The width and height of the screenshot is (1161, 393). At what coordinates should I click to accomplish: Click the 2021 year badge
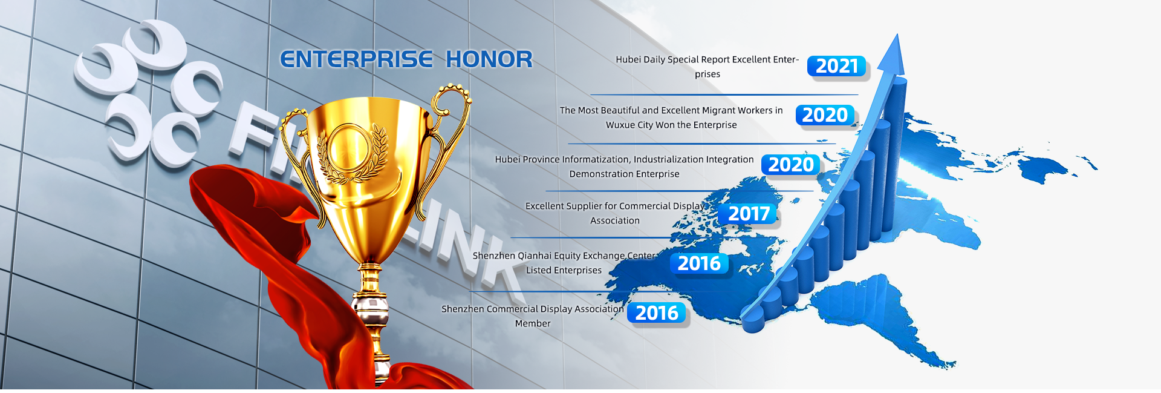coord(837,66)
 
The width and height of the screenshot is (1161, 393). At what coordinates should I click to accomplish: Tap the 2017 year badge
coord(749,214)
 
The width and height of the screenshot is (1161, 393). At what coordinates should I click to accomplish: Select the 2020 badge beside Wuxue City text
coord(825,115)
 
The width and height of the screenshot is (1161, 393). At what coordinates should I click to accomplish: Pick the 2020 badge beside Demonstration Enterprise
coord(790,165)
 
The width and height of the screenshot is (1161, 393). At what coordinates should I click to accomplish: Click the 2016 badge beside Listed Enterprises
coord(699,263)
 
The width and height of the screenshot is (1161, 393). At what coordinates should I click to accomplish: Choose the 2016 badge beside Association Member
coord(657,313)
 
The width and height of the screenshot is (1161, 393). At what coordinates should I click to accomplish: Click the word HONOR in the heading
coord(489,59)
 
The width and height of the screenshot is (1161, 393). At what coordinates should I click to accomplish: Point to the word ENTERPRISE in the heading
coord(356,59)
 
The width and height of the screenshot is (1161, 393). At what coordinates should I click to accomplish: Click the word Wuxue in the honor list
coord(620,125)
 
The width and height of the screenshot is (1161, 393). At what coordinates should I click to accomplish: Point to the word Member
coord(533,323)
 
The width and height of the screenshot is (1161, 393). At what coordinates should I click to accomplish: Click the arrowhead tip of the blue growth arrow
coord(897,35)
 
